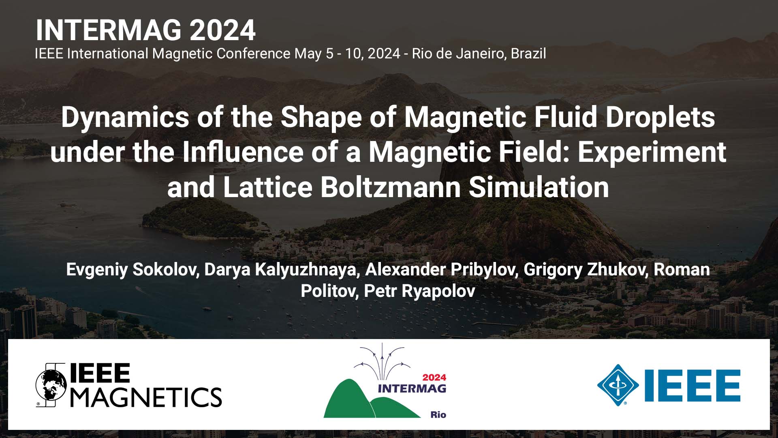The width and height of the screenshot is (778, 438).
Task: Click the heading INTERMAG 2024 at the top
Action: (x=145, y=30)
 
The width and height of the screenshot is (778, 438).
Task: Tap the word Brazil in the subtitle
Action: (x=528, y=54)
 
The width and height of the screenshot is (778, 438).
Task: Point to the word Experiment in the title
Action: (x=652, y=152)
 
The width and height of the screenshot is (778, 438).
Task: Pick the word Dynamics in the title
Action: (x=125, y=117)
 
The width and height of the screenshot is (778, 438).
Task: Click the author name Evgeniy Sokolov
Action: (x=130, y=270)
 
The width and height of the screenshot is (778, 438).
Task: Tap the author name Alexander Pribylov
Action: (x=440, y=270)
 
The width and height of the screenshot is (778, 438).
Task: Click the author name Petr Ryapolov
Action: (x=419, y=291)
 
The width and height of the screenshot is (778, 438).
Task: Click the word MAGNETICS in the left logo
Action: (x=146, y=397)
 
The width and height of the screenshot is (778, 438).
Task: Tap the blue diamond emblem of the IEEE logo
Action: (x=618, y=385)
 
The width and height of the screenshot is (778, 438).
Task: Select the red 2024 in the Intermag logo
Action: (x=434, y=378)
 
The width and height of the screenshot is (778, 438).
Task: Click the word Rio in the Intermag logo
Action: (x=438, y=414)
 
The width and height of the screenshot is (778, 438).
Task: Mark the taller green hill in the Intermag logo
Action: (x=348, y=399)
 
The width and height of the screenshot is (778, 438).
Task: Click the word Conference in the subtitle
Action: (x=253, y=54)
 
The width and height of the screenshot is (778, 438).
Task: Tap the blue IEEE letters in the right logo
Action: (x=693, y=385)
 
